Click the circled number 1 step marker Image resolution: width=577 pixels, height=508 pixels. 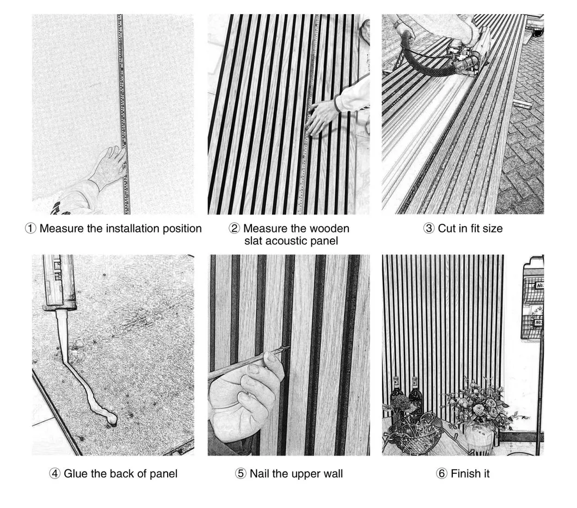tap(30, 229)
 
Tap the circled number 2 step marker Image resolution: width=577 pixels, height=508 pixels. tap(234, 229)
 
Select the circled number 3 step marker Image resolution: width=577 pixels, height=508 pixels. tap(429, 229)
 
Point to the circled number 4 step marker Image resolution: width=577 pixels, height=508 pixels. tap(54, 474)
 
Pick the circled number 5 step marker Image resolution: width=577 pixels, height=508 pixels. tap(241, 474)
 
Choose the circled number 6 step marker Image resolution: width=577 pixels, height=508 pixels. tap(442, 474)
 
